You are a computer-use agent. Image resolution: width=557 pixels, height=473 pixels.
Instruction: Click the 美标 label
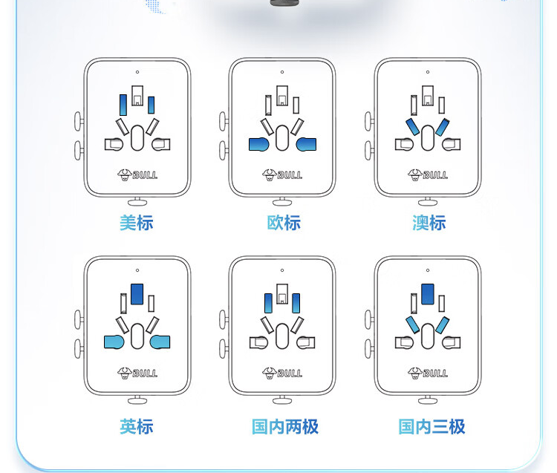click(x=137, y=223)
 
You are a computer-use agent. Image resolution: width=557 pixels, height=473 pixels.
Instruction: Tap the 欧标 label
click(x=283, y=223)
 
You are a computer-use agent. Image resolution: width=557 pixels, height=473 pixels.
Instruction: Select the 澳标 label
click(x=429, y=223)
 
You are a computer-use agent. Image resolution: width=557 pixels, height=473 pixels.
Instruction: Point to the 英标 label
click(x=137, y=426)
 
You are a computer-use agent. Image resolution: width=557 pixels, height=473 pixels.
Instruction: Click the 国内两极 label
click(x=284, y=426)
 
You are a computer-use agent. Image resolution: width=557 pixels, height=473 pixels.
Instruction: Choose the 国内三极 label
click(x=431, y=426)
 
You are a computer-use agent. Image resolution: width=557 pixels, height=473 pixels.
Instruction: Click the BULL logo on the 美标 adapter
click(x=137, y=175)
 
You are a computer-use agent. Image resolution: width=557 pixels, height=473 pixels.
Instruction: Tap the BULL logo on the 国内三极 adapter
click(x=429, y=373)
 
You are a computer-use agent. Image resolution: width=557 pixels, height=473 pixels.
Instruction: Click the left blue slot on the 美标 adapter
click(x=123, y=105)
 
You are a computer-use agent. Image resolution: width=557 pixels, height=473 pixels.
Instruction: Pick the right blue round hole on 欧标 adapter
click(x=306, y=144)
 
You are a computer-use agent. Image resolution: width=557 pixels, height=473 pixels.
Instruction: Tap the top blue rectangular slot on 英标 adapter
click(x=137, y=293)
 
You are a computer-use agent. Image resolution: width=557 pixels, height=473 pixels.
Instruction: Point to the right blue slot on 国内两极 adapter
click(x=296, y=303)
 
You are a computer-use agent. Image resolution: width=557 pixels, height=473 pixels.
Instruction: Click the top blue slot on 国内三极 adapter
click(x=428, y=293)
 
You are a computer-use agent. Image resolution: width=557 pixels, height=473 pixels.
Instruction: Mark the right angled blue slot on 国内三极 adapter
click(x=442, y=324)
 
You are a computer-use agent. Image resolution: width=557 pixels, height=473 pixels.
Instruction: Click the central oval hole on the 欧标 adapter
click(x=282, y=137)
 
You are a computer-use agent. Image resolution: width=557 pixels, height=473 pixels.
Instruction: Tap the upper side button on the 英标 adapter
click(x=78, y=319)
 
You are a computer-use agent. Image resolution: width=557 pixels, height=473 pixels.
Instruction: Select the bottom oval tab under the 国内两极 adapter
click(x=283, y=400)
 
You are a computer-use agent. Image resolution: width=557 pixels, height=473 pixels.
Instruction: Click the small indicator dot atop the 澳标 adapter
click(x=428, y=72)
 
